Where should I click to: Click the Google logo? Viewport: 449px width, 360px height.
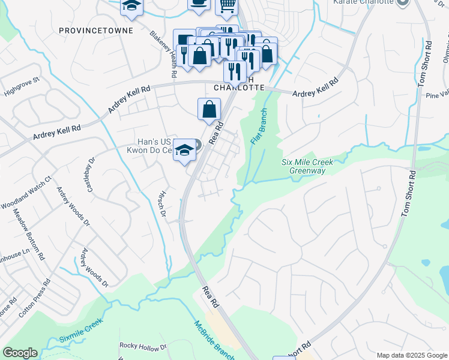[20, 353]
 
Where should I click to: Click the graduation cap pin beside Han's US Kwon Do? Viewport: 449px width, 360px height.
[185, 149]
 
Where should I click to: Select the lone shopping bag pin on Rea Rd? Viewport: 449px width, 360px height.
[208, 110]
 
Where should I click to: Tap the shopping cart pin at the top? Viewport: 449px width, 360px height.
[226, 5]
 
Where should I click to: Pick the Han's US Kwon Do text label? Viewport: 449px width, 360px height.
[154, 146]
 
